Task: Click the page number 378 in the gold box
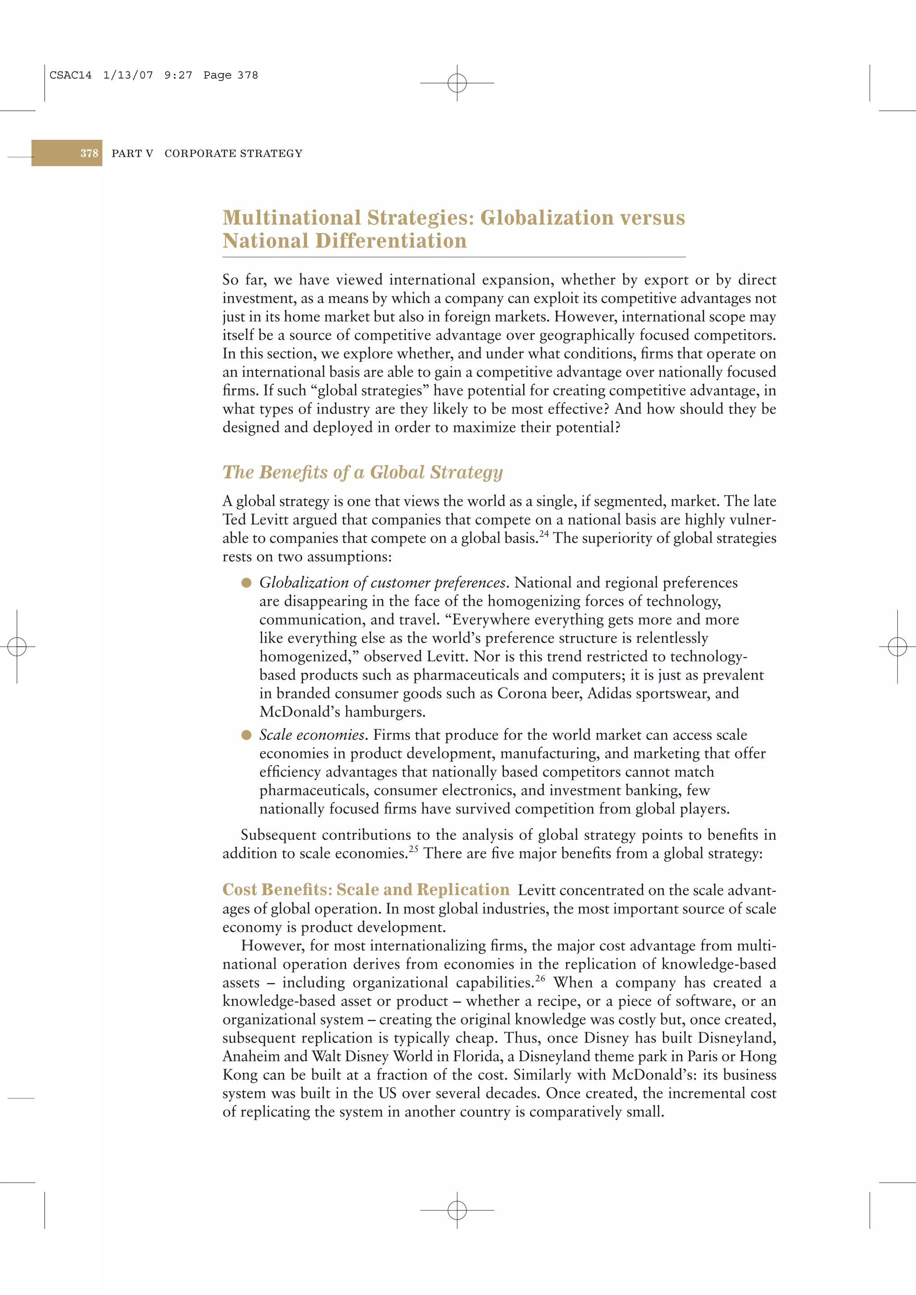(89, 153)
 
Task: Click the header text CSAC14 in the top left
(71, 75)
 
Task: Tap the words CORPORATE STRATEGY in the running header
(233, 153)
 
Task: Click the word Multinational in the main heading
(291, 218)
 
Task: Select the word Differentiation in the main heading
(390, 241)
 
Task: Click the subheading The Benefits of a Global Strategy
(362, 472)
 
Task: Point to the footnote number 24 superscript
(543, 534)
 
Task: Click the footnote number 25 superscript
(414, 849)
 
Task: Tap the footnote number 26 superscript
(540, 978)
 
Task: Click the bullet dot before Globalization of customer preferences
(246, 583)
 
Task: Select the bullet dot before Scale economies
(246, 735)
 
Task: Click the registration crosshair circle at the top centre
(457, 83)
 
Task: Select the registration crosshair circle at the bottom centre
(457, 1210)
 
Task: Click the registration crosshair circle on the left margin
(17, 646)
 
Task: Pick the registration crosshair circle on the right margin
(897, 646)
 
